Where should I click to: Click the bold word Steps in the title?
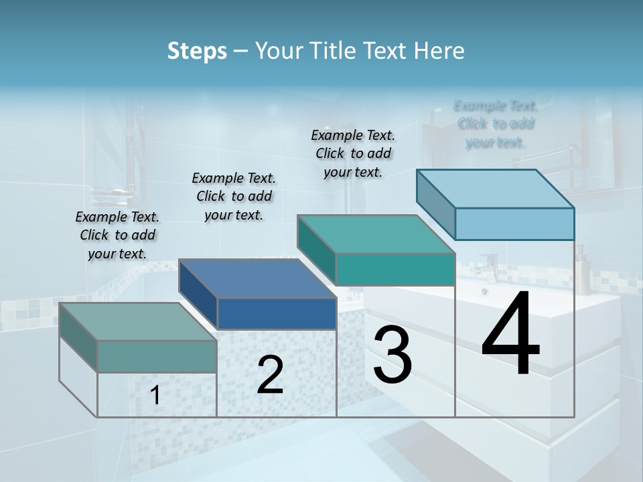coord(197,51)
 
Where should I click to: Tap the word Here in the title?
coord(439,51)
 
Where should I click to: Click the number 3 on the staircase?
coord(392,355)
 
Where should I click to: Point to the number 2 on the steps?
coord(270,375)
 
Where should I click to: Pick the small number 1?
coord(155,396)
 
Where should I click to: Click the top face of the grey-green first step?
coord(138,322)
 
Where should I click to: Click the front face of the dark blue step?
coord(277,313)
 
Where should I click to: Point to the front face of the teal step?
coord(395,269)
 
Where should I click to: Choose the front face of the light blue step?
coord(514,224)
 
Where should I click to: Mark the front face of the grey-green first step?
coord(157,356)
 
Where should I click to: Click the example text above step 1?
coord(117,235)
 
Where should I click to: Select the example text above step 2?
coord(234,196)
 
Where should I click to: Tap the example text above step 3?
coord(353,153)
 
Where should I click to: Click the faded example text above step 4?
coord(496,124)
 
